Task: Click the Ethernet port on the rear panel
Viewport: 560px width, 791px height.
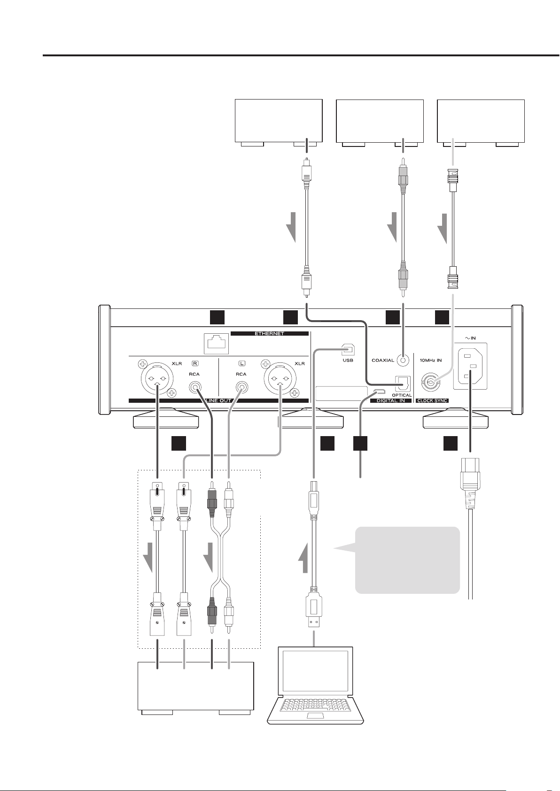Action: (x=216, y=344)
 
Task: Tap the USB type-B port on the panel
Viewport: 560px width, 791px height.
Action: (x=348, y=350)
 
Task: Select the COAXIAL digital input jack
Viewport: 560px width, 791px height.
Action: (x=403, y=360)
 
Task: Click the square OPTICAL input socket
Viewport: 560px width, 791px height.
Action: (x=402, y=383)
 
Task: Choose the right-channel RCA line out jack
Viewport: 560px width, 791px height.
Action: (x=194, y=388)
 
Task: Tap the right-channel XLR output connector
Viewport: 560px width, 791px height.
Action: (x=156, y=379)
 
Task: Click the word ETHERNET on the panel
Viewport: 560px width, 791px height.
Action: (x=270, y=333)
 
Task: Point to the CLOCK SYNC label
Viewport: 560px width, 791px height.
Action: (x=433, y=401)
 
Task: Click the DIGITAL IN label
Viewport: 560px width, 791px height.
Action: (x=390, y=401)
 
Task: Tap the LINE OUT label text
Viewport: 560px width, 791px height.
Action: (x=218, y=401)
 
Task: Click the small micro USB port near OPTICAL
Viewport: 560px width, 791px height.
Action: (x=380, y=391)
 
